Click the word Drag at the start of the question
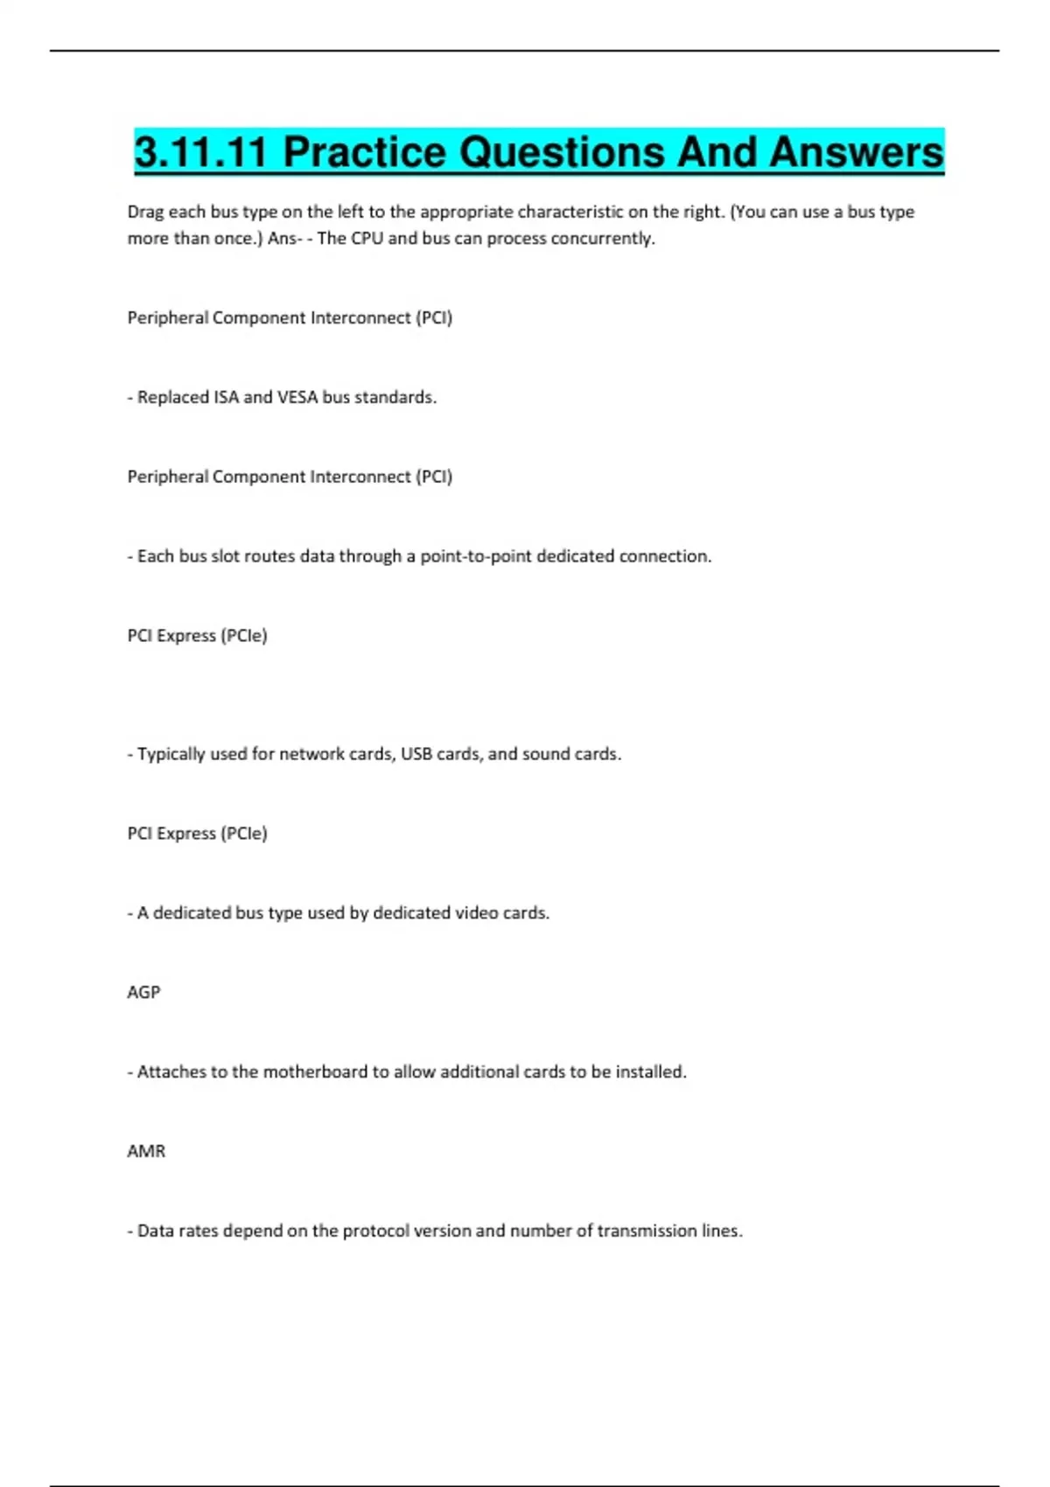pos(145,212)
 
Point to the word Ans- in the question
pos(285,238)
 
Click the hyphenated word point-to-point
pos(476,556)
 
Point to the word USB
pos(416,754)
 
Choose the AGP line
pos(143,992)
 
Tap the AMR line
pos(146,1151)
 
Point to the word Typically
pos(171,754)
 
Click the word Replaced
pos(172,397)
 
